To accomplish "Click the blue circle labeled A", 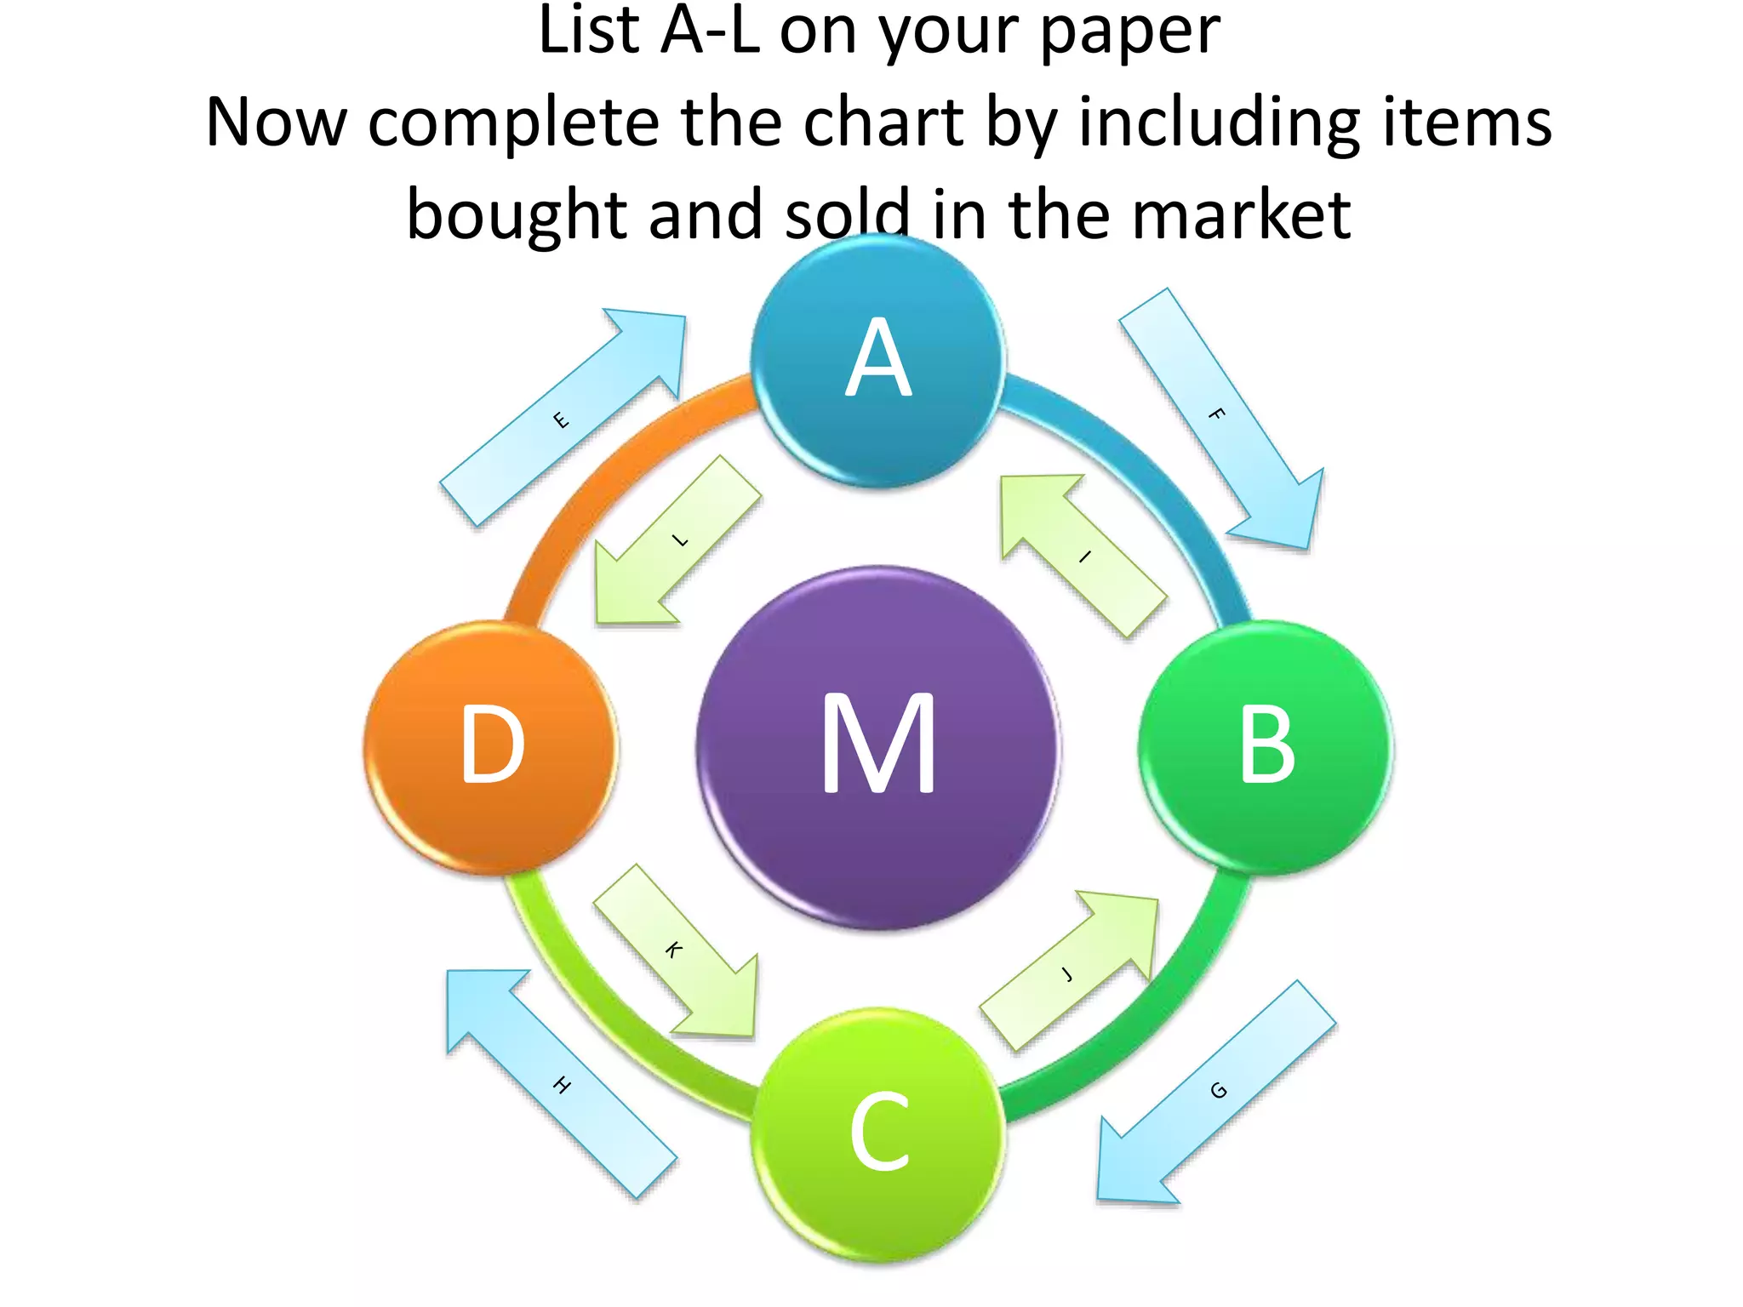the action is pos(878,361).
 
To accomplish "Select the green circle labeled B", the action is pos(1266,747).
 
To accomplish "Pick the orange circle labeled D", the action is pos(491,747).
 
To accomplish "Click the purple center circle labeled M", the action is pos(878,747).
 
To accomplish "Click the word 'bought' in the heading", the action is pos(517,214).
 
